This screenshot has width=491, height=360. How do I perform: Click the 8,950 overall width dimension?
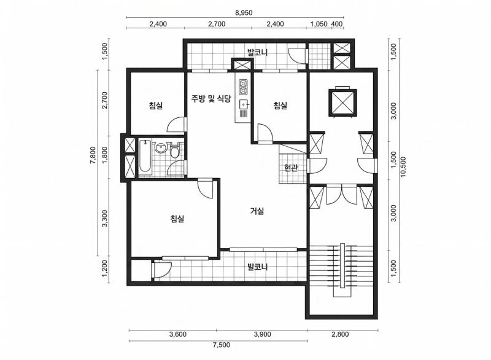(x=244, y=13)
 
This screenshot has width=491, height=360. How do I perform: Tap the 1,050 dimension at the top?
(x=319, y=24)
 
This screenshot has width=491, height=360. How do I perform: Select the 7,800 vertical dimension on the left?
(x=93, y=155)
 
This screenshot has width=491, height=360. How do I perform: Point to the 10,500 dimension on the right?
(x=403, y=166)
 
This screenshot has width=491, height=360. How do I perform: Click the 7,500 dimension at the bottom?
(x=222, y=345)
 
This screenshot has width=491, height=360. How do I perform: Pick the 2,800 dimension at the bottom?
(x=340, y=334)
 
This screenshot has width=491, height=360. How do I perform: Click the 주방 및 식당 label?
(x=211, y=99)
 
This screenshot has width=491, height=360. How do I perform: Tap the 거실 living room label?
(x=257, y=211)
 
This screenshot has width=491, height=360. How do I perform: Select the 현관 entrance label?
(x=291, y=168)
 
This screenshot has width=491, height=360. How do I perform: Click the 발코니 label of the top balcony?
(x=257, y=52)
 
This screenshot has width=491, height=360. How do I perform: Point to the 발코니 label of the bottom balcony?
(x=257, y=267)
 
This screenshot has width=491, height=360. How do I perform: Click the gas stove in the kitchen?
(x=243, y=87)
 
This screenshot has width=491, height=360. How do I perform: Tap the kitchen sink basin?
(x=243, y=104)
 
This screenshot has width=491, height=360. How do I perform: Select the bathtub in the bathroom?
(x=145, y=155)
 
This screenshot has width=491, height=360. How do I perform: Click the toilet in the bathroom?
(x=174, y=150)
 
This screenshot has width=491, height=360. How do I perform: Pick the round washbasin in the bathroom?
(x=161, y=147)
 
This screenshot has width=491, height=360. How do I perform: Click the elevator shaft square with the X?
(x=342, y=103)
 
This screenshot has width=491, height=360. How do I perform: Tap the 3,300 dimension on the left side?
(x=105, y=219)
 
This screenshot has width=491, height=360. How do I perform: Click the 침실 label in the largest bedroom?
(x=177, y=218)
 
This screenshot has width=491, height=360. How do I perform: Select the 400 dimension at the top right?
(x=337, y=24)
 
